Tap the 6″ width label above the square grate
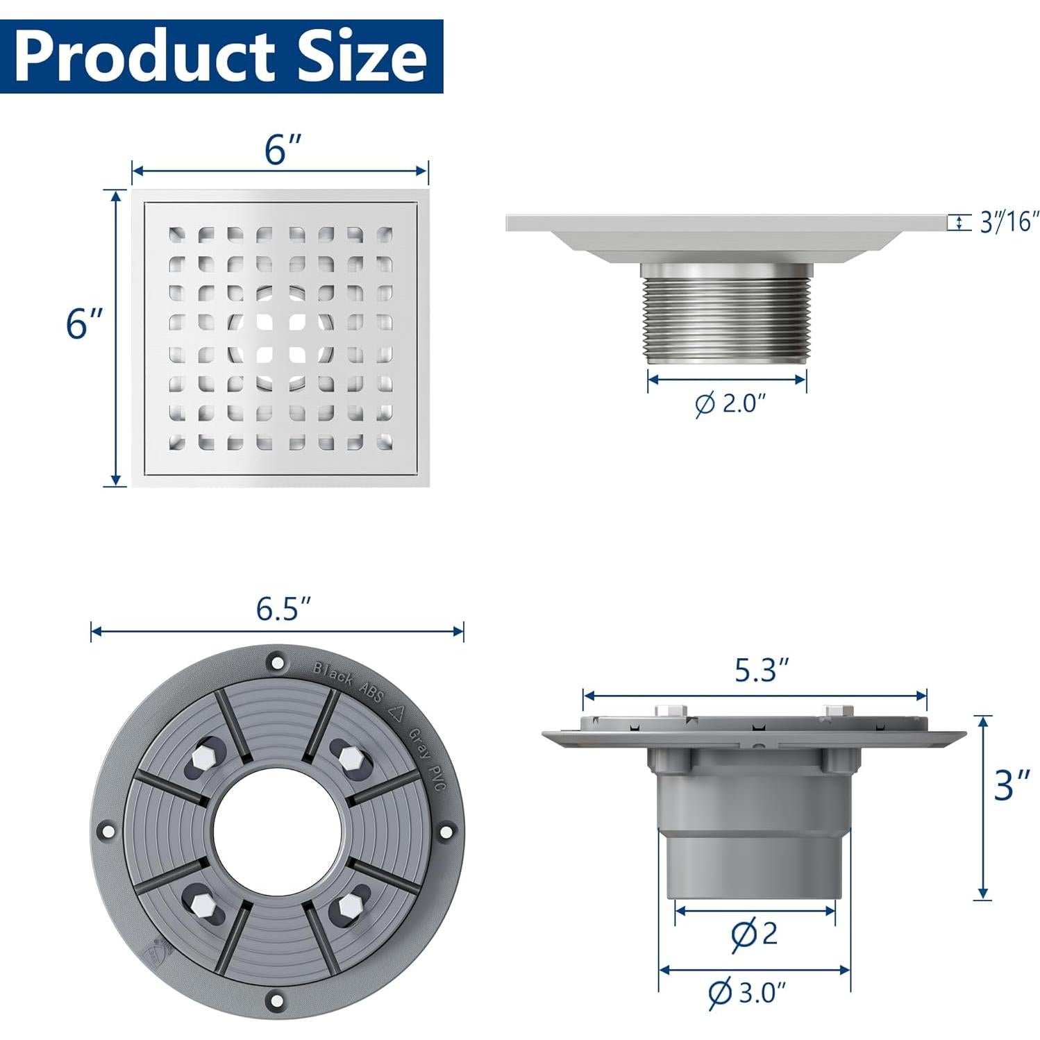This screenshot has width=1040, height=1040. (282, 149)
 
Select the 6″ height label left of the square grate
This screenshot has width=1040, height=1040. (83, 323)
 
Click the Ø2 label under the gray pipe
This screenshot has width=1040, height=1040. (754, 934)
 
